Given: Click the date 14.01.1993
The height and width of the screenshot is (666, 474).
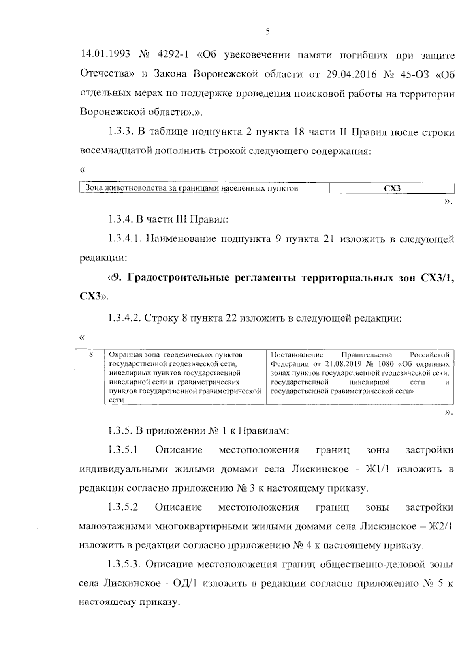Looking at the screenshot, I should (x=105, y=55).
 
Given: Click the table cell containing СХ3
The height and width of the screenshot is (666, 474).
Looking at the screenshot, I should (x=392, y=189).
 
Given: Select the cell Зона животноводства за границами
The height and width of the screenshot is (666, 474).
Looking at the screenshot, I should (x=192, y=189).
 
